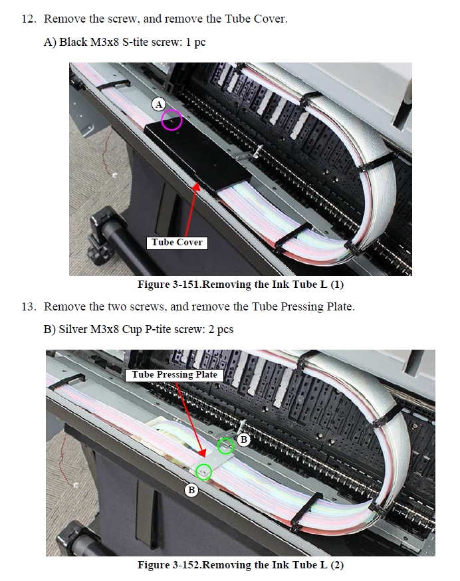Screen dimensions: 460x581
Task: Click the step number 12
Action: pyautogui.click(x=29, y=19)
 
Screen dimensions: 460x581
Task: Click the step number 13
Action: pyautogui.click(x=29, y=306)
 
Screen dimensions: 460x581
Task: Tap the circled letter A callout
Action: pyautogui.click(x=159, y=104)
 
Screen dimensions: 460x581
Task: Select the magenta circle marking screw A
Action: pyautogui.click(x=172, y=120)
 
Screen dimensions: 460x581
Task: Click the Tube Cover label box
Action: pyautogui.click(x=177, y=243)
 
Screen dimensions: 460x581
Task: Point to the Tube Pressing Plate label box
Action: pyautogui.click(x=174, y=375)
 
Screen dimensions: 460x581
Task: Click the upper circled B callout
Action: pyautogui.click(x=243, y=439)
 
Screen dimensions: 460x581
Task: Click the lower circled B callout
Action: pyautogui.click(x=191, y=490)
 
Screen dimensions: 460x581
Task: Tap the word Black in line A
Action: pyautogui.click(x=73, y=42)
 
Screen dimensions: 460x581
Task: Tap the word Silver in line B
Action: pyautogui.click(x=72, y=329)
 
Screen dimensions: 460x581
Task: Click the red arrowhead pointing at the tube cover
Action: pyautogui.click(x=196, y=185)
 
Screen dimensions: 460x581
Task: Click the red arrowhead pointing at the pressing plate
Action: pyautogui.click(x=202, y=453)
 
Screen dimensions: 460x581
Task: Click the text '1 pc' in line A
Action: pyautogui.click(x=195, y=42)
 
